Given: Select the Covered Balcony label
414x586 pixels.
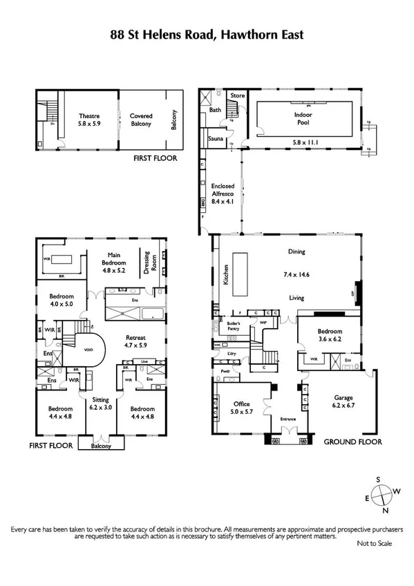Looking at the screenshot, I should pyautogui.click(x=142, y=120).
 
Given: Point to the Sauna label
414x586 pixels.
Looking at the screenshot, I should pyautogui.click(x=214, y=140).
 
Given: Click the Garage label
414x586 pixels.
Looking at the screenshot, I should pyautogui.click(x=343, y=401).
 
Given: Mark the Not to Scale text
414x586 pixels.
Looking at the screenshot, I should pyautogui.click(x=374, y=544).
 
